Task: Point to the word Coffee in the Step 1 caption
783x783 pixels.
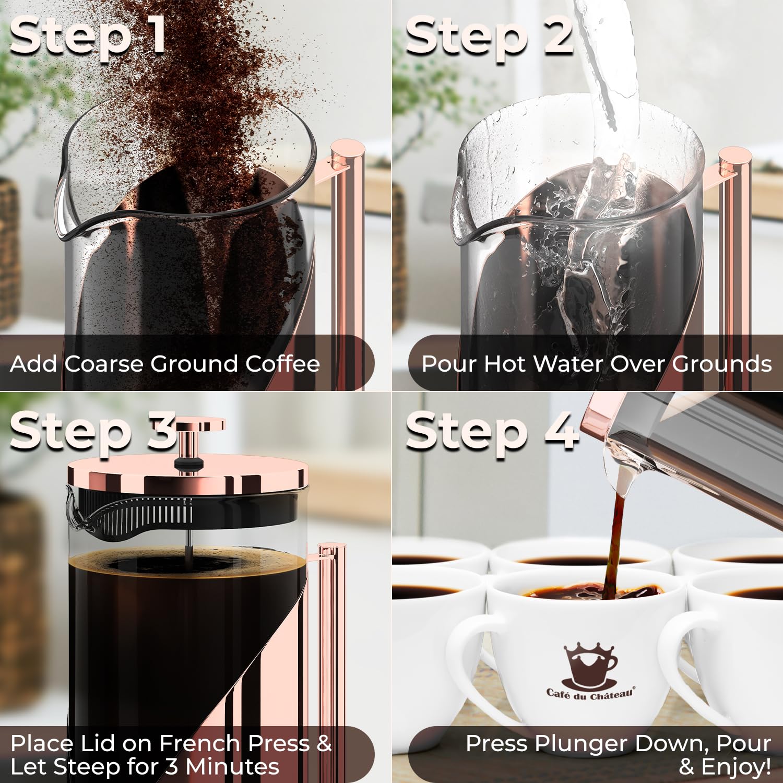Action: [x=282, y=364]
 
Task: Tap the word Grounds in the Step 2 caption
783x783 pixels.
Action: [x=721, y=364]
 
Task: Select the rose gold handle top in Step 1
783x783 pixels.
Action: [x=347, y=149]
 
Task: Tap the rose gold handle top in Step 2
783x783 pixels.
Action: [x=734, y=157]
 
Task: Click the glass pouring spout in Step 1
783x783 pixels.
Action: [x=68, y=209]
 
